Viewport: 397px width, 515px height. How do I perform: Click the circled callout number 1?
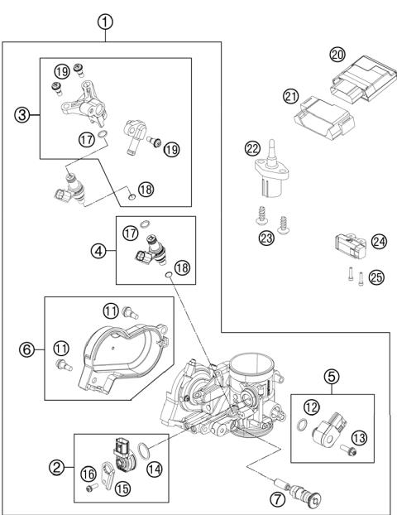coord(105,22)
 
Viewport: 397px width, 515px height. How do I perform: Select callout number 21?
coord(290,97)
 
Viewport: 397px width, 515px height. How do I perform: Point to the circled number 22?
coord(252,148)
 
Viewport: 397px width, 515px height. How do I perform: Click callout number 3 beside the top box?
coord(22,115)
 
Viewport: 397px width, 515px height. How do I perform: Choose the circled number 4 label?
coord(98,250)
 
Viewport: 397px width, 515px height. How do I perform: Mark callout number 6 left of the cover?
coord(26,350)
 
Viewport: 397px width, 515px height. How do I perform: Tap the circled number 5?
coord(332,377)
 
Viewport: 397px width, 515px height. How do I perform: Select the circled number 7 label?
coord(278,498)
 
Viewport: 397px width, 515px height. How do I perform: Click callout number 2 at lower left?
coord(56,468)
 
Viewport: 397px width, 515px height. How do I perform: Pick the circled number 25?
coord(376,277)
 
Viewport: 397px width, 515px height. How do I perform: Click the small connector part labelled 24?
coord(349,243)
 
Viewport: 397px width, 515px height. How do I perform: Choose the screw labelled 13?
coord(352,451)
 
